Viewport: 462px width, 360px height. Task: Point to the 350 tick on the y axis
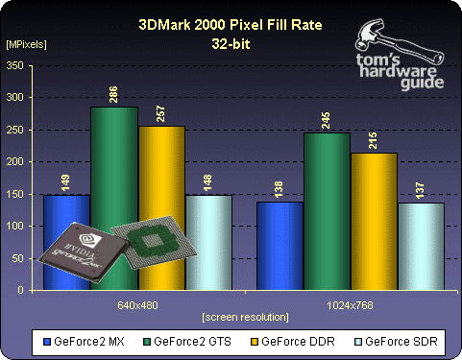click(16, 65)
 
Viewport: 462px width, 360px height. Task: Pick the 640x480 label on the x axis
click(138, 299)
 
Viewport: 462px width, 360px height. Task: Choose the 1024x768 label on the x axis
click(351, 299)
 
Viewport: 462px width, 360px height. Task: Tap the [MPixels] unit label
click(26, 44)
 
